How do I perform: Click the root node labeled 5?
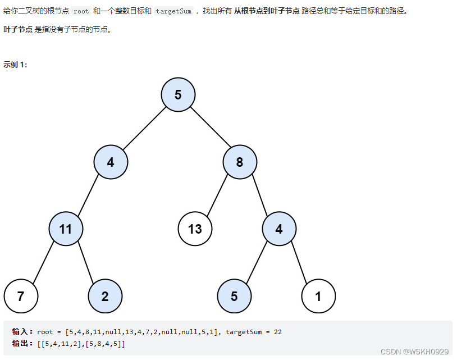pyautogui.click(x=178, y=94)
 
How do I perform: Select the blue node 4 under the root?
pyautogui.click(x=111, y=162)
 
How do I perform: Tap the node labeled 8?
pyautogui.click(x=240, y=162)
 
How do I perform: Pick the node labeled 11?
pyautogui.click(x=66, y=229)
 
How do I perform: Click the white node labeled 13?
pyautogui.click(x=195, y=229)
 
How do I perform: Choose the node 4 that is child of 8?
pyautogui.click(x=279, y=229)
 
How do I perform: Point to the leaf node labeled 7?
pyautogui.click(x=21, y=296)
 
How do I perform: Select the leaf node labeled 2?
pyautogui.click(x=105, y=296)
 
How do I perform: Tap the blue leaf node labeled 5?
pyautogui.click(x=234, y=296)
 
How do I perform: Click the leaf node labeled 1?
pyautogui.click(x=318, y=296)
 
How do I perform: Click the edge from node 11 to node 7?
pyautogui.click(x=43, y=262)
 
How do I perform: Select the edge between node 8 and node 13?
pyautogui.click(x=217, y=195)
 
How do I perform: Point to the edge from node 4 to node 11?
pyautogui.click(x=88, y=195)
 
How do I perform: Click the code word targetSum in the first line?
pyautogui.click(x=173, y=11)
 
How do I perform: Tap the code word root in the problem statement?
pyautogui.click(x=81, y=11)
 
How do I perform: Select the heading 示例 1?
pyautogui.click(x=15, y=65)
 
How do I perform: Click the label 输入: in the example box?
pyautogui.click(x=23, y=332)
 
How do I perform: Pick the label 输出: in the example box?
pyautogui.click(x=23, y=343)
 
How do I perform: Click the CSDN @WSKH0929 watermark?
pyautogui.click(x=414, y=352)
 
